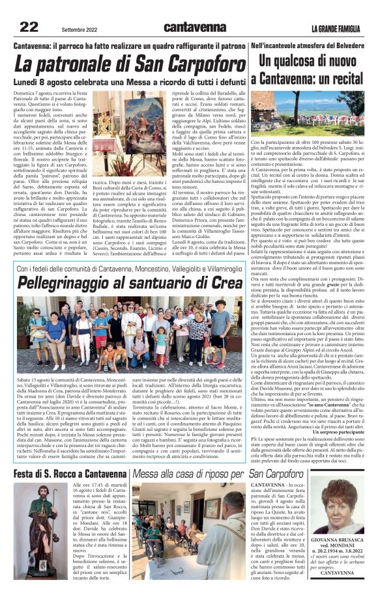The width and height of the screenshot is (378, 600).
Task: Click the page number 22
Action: coord(28,27)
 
